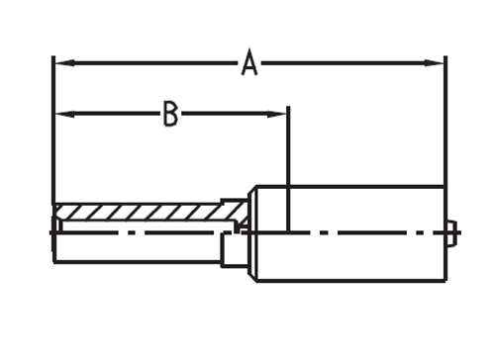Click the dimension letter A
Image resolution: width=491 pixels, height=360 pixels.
point(249,62)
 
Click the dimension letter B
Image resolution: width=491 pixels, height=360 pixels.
point(170,114)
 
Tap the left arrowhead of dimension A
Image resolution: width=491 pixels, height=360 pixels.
point(64,62)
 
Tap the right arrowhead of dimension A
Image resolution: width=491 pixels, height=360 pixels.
point(434,62)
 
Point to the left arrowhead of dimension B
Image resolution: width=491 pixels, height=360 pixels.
point(64,114)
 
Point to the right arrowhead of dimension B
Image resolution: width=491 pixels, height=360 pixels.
point(276,114)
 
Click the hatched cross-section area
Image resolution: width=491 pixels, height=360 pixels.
point(148,213)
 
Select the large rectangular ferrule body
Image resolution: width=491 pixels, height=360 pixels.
point(349,234)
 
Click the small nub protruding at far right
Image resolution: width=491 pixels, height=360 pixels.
point(451,233)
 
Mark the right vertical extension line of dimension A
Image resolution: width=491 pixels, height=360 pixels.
point(445,168)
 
